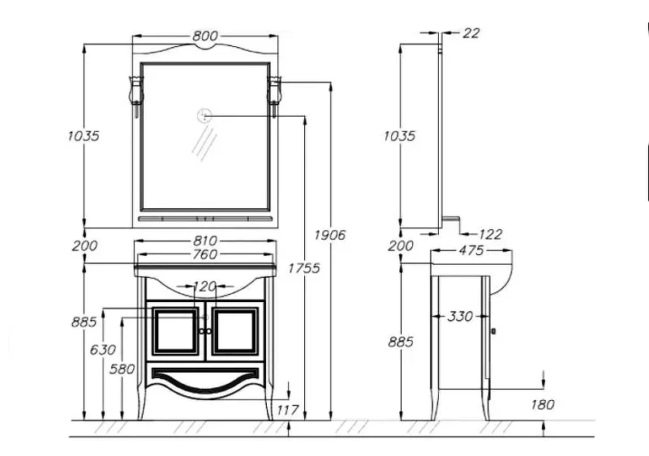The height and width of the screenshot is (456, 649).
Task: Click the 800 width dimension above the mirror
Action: [x=206, y=36]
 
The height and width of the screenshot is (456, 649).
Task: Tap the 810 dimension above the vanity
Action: [x=206, y=241]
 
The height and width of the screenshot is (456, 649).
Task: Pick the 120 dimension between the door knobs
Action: [x=205, y=287]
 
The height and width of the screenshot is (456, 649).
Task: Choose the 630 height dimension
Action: [x=103, y=350]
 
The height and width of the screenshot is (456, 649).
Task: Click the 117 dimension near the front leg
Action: [x=288, y=410]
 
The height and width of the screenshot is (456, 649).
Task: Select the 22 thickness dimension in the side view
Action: [x=471, y=33]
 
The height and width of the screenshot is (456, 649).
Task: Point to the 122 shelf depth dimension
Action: [x=489, y=234]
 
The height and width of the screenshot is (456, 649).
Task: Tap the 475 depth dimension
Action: [x=471, y=251]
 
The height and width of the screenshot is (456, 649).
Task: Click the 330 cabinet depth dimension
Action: [x=460, y=316]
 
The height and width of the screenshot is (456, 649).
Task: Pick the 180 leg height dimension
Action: [x=543, y=405]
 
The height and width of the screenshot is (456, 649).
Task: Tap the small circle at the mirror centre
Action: [x=205, y=116]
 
